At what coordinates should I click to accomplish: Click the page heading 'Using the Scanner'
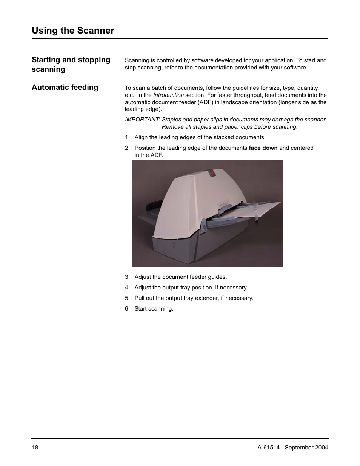(73, 31)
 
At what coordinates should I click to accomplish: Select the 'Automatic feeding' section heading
(65, 88)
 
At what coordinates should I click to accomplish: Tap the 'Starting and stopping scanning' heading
(71, 64)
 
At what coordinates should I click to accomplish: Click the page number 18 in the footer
(35, 448)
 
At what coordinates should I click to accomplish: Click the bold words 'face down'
(263, 148)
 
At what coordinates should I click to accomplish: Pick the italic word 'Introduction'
(168, 95)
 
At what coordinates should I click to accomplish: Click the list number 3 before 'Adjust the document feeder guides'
(127, 277)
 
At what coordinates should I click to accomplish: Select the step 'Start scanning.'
(154, 309)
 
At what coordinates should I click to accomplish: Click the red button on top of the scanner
(212, 173)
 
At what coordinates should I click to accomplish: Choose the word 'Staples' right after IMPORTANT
(171, 120)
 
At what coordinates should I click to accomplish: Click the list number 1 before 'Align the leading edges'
(127, 137)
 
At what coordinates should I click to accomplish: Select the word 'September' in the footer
(299, 448)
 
